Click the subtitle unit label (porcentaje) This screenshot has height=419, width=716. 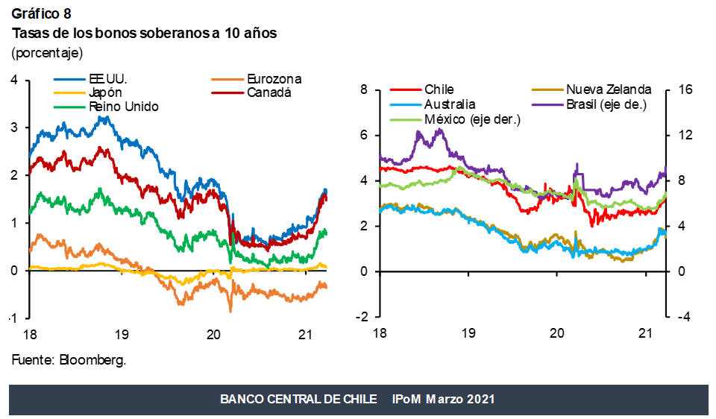[x=47, y=53]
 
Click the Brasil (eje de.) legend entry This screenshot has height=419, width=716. [x=606, y=104]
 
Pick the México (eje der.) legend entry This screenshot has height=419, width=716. [x=471, y=119]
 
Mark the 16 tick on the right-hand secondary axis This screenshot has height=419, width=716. [x=684, y=90]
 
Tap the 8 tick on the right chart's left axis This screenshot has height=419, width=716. [x=364, y=90]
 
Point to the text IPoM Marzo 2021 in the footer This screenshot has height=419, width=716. [x=443, y=400]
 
